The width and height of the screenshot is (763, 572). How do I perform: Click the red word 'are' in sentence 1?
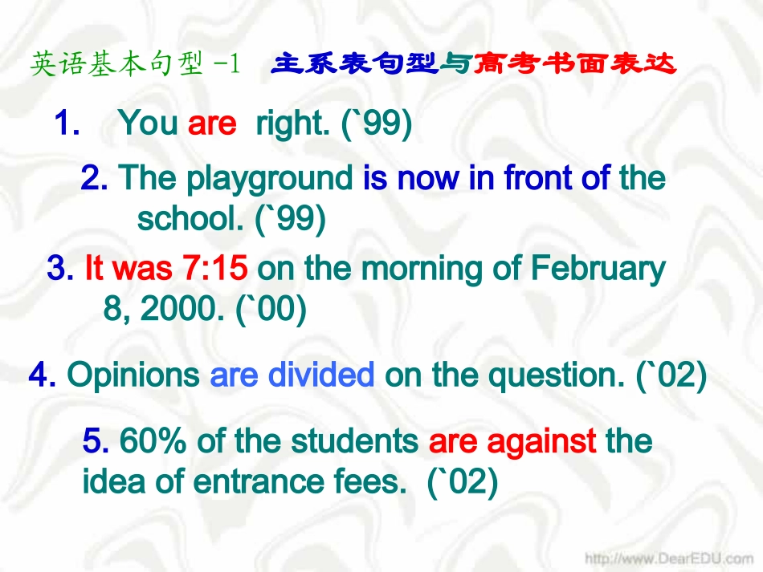click(x=212, y=124)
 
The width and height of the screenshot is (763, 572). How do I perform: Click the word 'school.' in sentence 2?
click(x=190, y=218)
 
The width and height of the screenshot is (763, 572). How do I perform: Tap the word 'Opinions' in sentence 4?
click(x=133, y=375)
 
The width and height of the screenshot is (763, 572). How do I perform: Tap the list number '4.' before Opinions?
click(x=42, y=375)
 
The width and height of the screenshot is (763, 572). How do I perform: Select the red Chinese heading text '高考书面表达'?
click(x=574, y=63)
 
